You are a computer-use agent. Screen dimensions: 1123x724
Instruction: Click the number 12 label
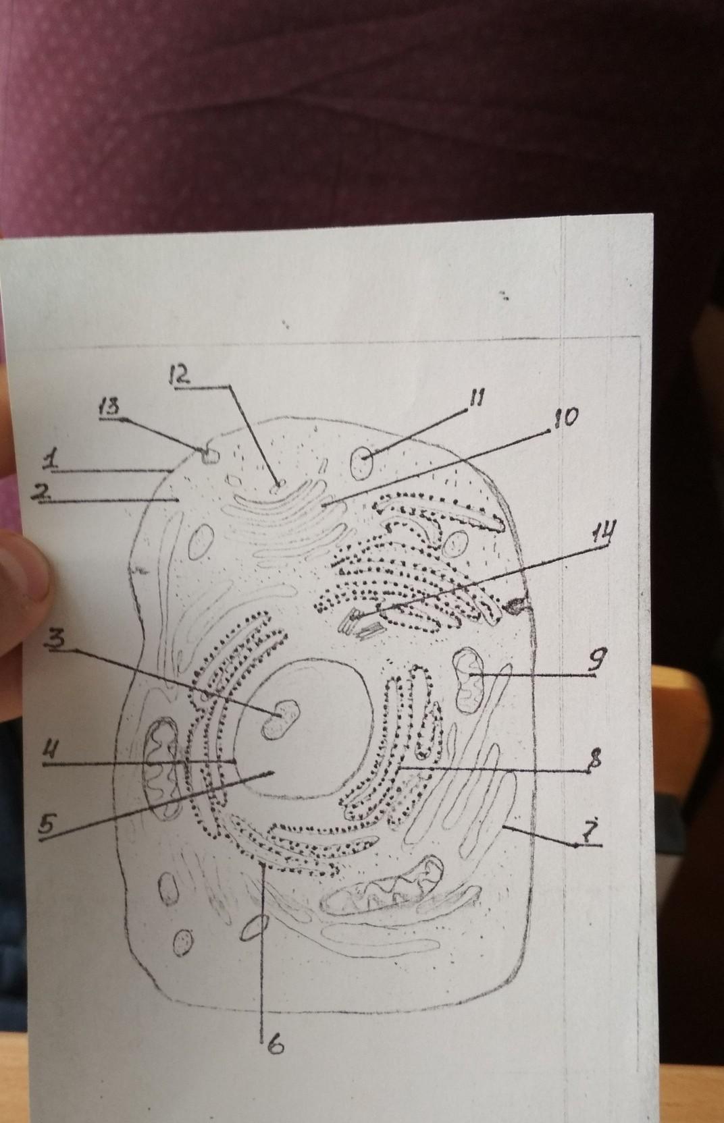pyautogui.click(x=180, y=377)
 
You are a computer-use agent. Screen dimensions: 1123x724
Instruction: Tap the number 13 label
pyautogui.click(x=110, y=408)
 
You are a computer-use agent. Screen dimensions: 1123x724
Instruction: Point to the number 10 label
pyautogui.click(x=563, y=418)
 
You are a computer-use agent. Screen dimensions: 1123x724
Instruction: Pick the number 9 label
pyautogui.click(x=594, y=660)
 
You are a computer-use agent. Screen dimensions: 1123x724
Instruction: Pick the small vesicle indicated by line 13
pyautogui.click(x=209, y=456)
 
